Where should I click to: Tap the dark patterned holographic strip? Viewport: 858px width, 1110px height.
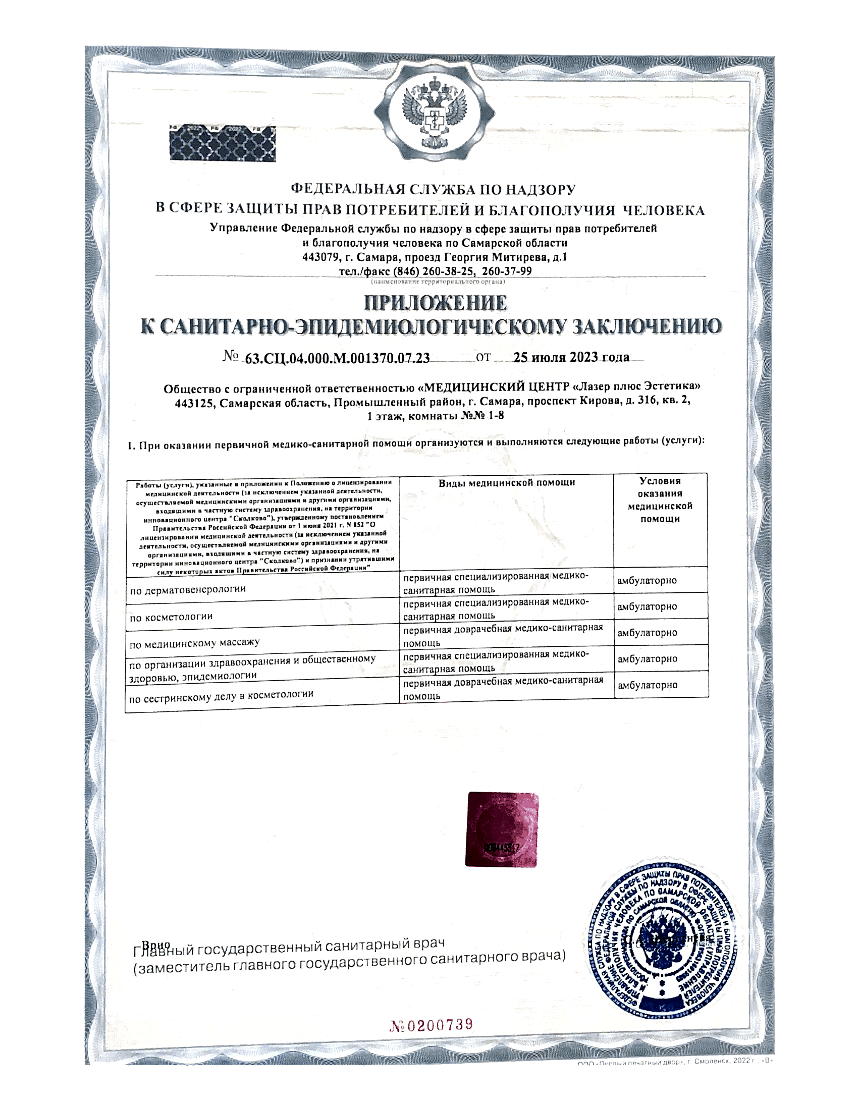click(223, 144)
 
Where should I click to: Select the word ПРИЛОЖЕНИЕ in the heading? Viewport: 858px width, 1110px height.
click(436, 303)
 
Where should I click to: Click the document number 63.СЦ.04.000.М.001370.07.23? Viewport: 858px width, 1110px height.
click(338, 358)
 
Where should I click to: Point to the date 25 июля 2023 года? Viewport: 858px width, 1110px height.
click(571, 357)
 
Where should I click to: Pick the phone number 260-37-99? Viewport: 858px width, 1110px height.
click(507, 271)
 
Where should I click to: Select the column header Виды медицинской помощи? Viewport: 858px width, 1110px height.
click(507, 483)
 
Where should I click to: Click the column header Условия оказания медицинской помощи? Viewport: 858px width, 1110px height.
click(660, 500)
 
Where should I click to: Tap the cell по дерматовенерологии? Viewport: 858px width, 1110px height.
click(188, 589)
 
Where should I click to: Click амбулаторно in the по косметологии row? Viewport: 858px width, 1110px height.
click(647, 606)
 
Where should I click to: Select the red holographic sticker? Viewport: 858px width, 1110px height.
click(502, 829)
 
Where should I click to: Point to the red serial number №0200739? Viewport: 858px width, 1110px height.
click(431, 1025)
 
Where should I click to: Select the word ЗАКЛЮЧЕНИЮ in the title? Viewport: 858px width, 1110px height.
click(647, 327)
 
